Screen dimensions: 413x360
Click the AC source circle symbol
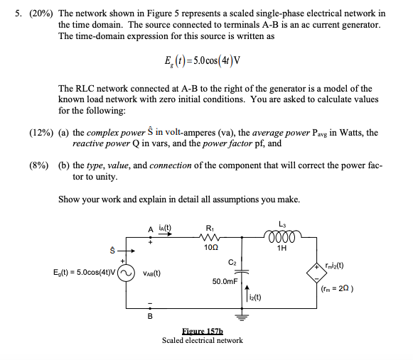pyautogui.click(x=126, y=273)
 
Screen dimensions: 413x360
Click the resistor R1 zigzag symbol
pyautogui.click(x=210, y=237)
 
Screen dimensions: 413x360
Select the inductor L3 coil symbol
pyautogui.click(x=282, y=235)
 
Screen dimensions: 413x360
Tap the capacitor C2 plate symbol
pyautogui.click(x=242, y=271)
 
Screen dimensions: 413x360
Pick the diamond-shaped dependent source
pyautogui.click(x=316, y=273)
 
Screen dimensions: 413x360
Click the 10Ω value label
pyautogui.click(x=211, y=247)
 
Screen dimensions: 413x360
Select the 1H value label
pyautogui.click(x=281, y=248)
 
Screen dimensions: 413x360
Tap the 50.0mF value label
pyautogui.click(x=225, y=281)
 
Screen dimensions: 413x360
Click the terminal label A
pyautogui.click(x=151, y=229)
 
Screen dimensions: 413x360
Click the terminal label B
pyautogui.click(x=150, y=316)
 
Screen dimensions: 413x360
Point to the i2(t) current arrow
pyautogui.click(x=247, y=293)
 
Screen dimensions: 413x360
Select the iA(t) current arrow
pyautogui.click(x=165, y=234)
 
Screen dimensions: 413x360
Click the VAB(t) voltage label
pyautogui.click(x=151, y=273)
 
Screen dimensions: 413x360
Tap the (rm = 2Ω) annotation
pyautogui.click(x=337, y=289)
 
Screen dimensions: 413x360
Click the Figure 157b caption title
pyautogui.click(x=203, y=331)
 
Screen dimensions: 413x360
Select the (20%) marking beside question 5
pyautogui.click(x=41, y=13)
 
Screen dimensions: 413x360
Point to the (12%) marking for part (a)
pyautogui.click(x=41, y=133)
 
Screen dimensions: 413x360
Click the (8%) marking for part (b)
pyautogui.click(x=39, y=165)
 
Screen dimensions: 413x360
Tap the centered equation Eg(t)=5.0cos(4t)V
pyautogui.click(x=203, y=61)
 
